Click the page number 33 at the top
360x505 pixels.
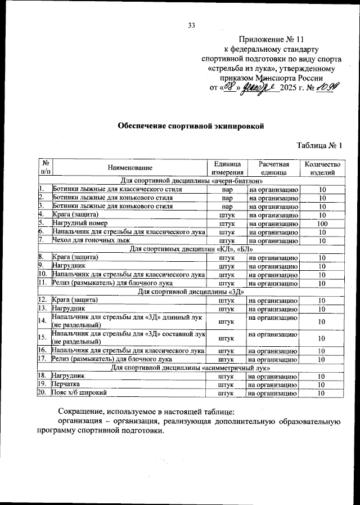tap(191, 25)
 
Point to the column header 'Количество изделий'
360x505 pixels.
tap(322, 168)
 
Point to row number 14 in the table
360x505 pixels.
tap(42, 321)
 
